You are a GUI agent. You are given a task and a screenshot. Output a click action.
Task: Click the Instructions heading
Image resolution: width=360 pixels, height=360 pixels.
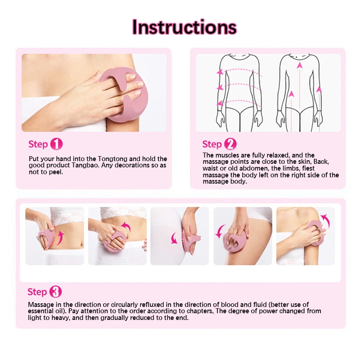184,27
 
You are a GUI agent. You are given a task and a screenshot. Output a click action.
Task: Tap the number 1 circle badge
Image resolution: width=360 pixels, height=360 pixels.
57,144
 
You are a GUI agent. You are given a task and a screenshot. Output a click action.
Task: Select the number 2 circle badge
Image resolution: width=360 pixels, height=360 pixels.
230,144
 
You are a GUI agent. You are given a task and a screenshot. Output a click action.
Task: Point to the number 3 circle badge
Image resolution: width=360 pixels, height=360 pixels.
55,292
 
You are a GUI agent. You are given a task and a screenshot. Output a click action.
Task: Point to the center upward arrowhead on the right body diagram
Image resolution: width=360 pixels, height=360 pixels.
299,65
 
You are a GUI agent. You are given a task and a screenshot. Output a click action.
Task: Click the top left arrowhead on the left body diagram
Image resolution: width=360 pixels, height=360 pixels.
220,72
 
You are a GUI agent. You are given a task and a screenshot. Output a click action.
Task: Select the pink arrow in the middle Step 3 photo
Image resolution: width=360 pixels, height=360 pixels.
174,238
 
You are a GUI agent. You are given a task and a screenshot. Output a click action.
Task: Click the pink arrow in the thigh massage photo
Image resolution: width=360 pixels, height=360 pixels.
220,231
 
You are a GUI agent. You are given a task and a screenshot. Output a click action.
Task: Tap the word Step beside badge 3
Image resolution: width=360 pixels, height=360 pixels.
37,292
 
